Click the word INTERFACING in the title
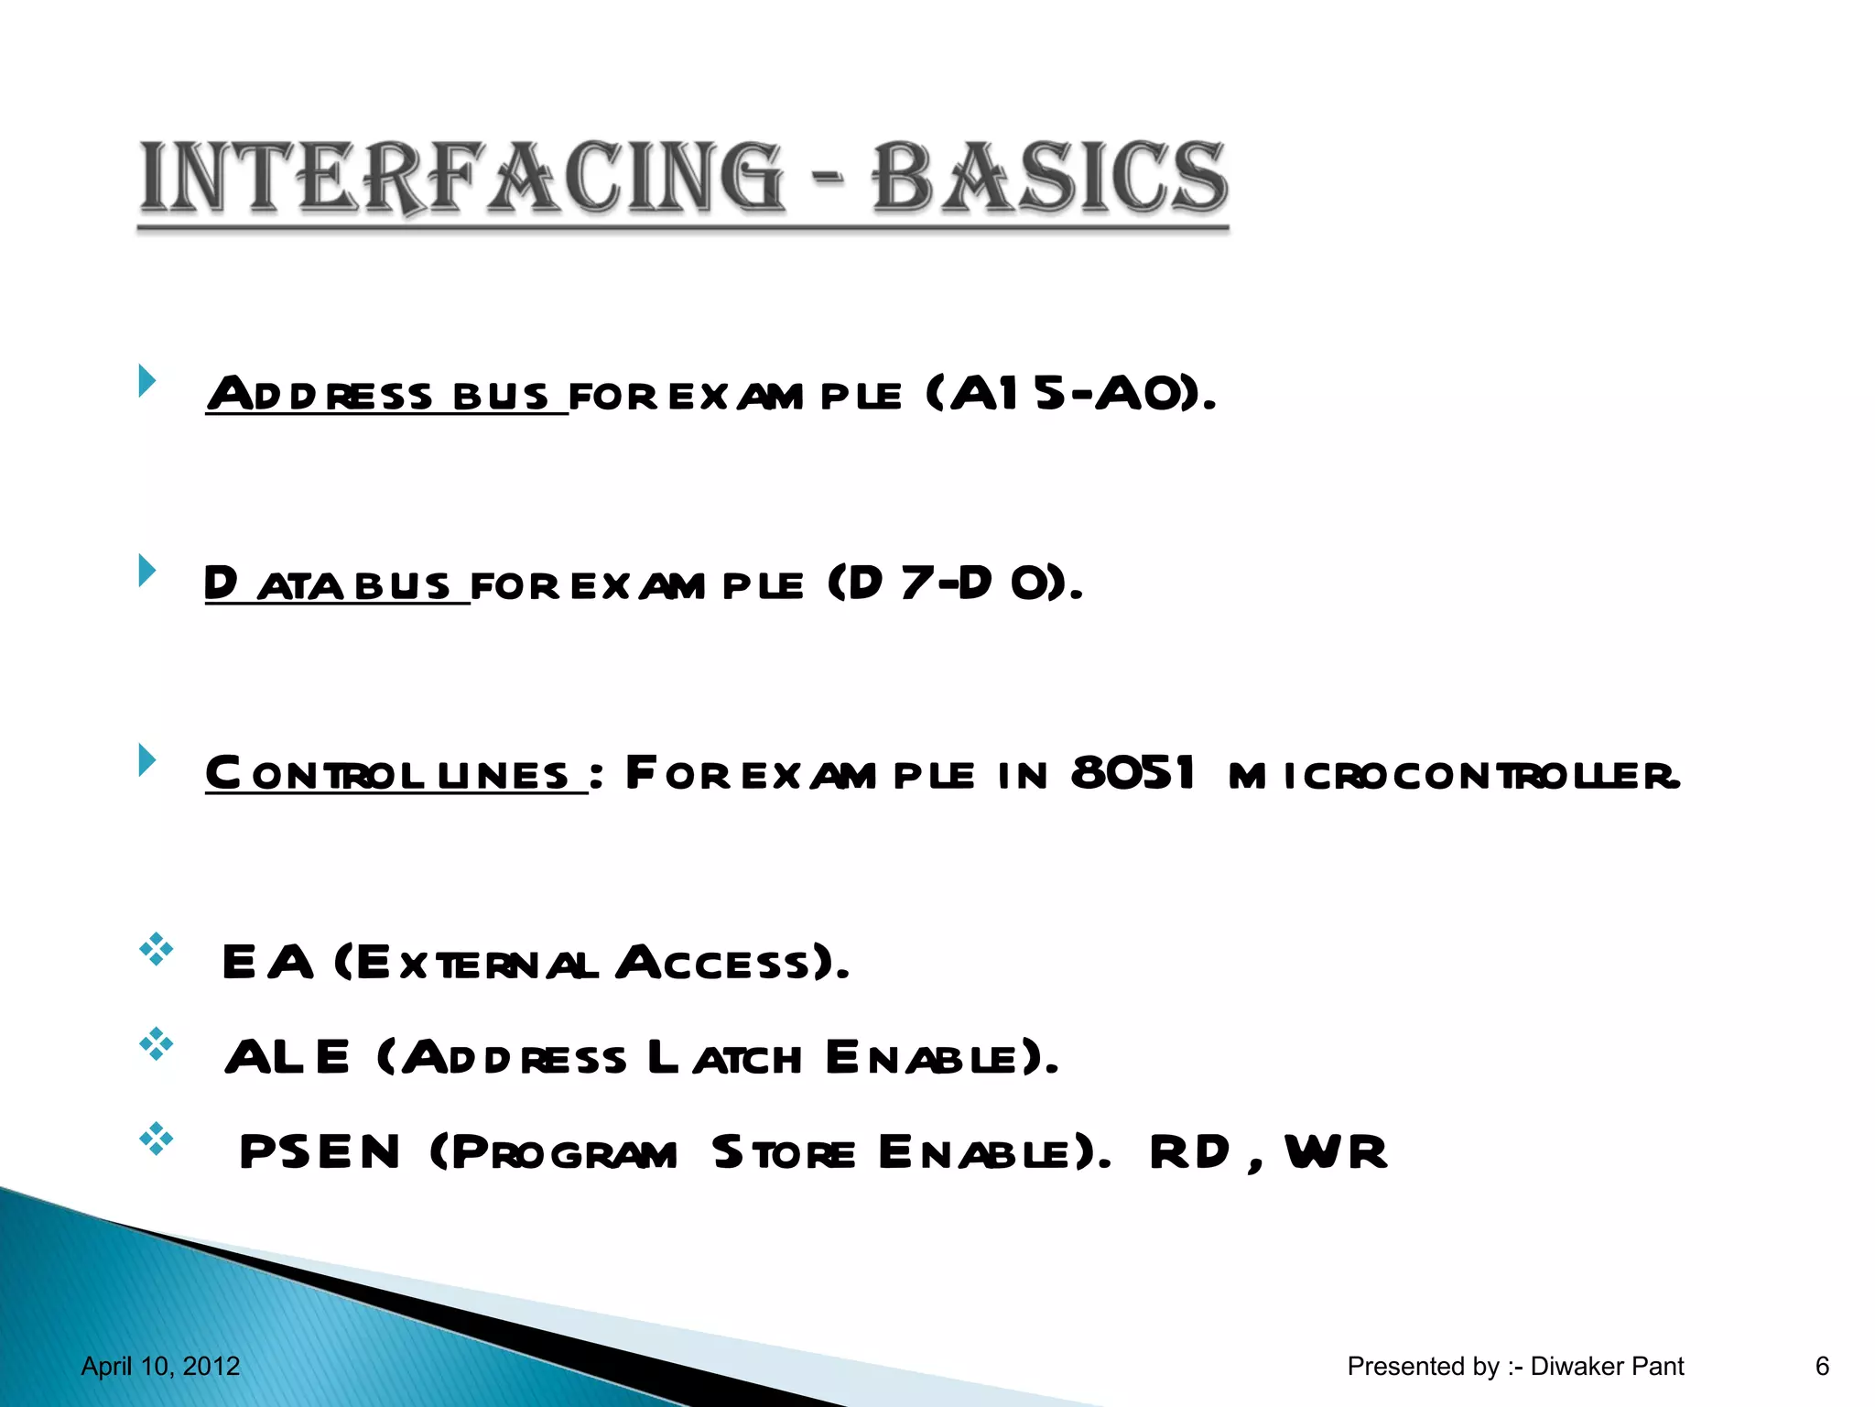tap(462, 177)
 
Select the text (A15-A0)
tap(1070, 394)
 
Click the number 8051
tap(1133, 773)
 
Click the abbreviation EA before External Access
tap(267, 963)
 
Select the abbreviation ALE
tap(287, 1057)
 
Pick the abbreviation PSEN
tap(320, 1151)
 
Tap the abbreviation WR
tap(1336, 1151)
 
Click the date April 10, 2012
tap(160, 1367)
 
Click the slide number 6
tap(1822, 1367)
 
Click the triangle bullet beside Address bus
tap(146, 380)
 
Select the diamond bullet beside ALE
tap(157, 1044)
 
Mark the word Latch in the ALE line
tap(724, 1058)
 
